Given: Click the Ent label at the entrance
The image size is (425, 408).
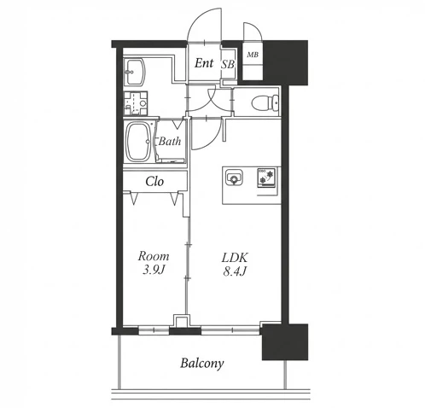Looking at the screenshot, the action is coord(204,63).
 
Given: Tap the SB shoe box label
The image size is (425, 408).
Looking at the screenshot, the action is coord(228,65).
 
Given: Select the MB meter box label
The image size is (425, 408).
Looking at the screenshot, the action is coord(253,54).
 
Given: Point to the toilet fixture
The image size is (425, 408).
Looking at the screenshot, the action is coord(265,102).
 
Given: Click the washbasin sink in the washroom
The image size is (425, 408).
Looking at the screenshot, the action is coord(134,73).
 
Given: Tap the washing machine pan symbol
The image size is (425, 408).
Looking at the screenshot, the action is coord(136,103).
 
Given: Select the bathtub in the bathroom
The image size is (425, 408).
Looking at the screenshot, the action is coord(138,142).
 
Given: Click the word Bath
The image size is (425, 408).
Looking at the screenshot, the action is coord(170,141).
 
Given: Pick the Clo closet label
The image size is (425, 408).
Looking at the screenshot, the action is coord(154,181).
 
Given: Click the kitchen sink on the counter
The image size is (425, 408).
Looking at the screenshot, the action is coord(234,177).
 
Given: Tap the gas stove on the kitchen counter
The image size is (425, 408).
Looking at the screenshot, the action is coord(266,178).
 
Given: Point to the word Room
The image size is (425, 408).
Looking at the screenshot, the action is coord(154,256).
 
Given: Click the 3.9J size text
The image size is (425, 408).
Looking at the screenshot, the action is coord(154,270).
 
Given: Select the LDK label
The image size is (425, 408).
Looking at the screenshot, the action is coord(235,258).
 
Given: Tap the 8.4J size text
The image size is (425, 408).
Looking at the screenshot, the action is coord(235,271).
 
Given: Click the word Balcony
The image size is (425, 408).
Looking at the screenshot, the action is coord(202,364).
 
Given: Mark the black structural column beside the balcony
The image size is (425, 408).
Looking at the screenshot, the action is coord(285,341).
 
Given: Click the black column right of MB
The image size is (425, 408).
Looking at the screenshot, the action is coord(286,62).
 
